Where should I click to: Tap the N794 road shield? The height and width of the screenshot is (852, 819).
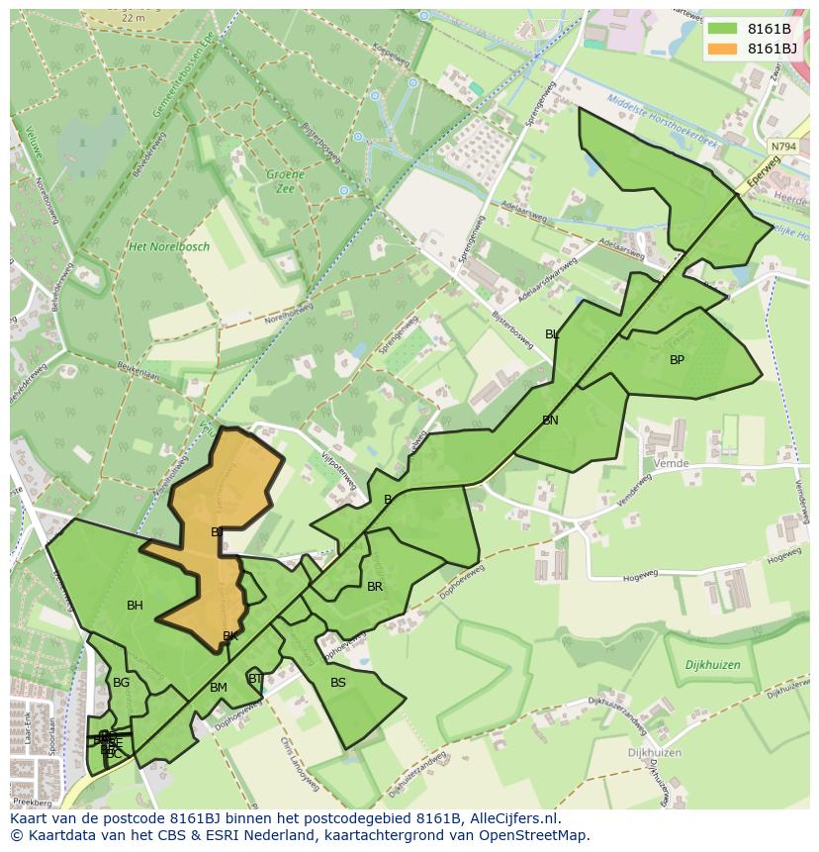click(x=782, y=146)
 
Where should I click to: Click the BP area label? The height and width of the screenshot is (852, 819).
click(x=677, y=360)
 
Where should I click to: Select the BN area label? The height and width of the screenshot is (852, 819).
click(x=550, y=421)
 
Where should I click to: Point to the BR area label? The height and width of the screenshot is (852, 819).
click(x=375, y=587)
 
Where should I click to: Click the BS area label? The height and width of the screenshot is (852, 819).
click(x=338, y=683)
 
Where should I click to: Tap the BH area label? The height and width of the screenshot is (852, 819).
click(x=135, y=606)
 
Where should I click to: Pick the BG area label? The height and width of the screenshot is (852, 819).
click(x=121, y=683)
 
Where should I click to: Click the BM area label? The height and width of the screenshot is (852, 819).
click(x=219, y=688)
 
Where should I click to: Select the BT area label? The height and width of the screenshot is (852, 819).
click(x=255, y=679)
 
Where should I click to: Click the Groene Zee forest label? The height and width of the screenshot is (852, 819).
click(x=285, y=181)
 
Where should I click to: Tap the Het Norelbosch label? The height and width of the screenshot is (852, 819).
click(x=169, y=246)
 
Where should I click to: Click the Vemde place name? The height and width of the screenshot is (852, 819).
click(x=672, y=463)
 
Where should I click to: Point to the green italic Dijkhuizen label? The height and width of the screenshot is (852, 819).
click(x=712, y=666)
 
